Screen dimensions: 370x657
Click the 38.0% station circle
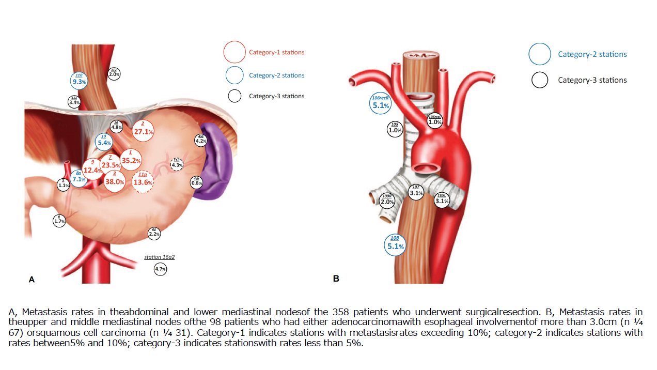click(115, 179)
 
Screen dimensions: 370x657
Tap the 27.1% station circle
click(143, 130)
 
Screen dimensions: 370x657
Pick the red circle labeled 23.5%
click(111, 163)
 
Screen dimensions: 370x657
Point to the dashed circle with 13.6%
click(143, 181)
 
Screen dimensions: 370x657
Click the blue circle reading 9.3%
click(79, 80)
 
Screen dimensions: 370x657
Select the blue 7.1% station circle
click(79, 178)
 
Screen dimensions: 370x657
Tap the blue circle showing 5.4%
click(104, 141)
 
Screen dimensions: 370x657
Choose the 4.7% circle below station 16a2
click(160, 269)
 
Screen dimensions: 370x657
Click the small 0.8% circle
click(197, 182)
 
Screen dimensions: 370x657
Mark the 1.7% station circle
click(59, 221)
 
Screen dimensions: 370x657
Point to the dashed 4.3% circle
click(177, 164)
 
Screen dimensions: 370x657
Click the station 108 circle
click(395, 244)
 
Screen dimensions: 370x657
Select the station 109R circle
click(387, 200)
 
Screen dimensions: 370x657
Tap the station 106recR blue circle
click(381, 103)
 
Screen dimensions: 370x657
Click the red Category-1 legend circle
click(234, 52)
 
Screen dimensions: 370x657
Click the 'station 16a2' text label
click(163, 256)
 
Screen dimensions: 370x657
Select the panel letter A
click(32, 280)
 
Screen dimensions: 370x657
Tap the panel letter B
click(336, 279)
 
